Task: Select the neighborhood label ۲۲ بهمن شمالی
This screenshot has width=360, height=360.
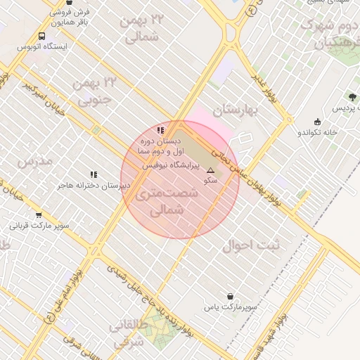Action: pyautogui.click(x=142, y=28)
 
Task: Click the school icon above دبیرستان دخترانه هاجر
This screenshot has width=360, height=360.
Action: pyautogui.click(x=94, y=174)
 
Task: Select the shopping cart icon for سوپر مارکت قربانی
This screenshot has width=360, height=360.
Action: pyautogui.click(x=38, y=215)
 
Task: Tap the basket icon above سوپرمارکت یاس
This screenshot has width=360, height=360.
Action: pyautogui.click(x=229, y=296)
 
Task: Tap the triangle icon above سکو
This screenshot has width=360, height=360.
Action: pyautogui.click(x=210, y=171)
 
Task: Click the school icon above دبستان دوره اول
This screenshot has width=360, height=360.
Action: pyautogui.click(x=161, y=130)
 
